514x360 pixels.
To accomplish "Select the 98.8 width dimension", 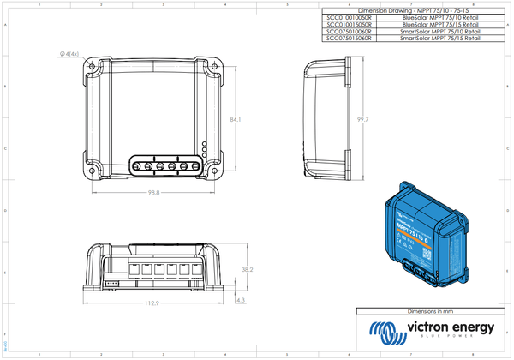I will click(154, 192).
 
